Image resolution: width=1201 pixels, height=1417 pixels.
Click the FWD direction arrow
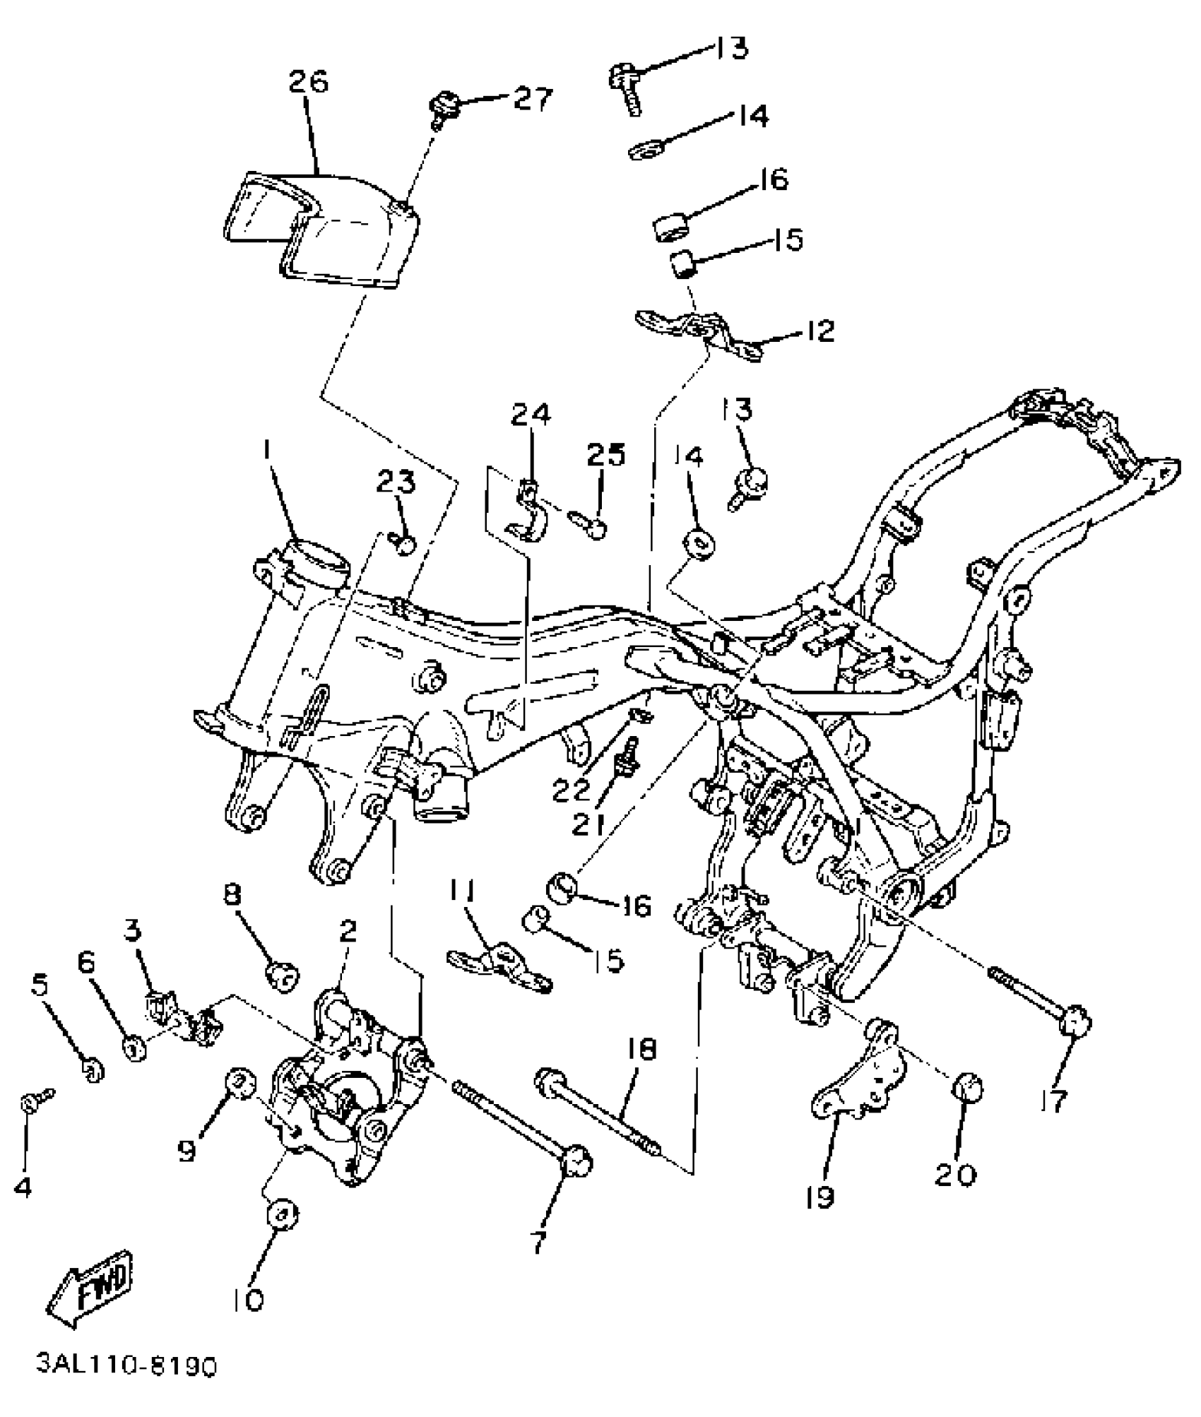click(90, 1287)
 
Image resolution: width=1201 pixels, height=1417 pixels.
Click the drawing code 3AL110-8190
click(127, 1386)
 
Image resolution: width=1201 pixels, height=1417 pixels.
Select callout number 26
click(309, 82)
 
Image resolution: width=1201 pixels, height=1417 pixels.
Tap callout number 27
click(532, 99)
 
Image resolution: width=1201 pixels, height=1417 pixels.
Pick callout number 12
click(819, 331)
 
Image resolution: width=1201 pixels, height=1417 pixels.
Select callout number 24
click(531, 415)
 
